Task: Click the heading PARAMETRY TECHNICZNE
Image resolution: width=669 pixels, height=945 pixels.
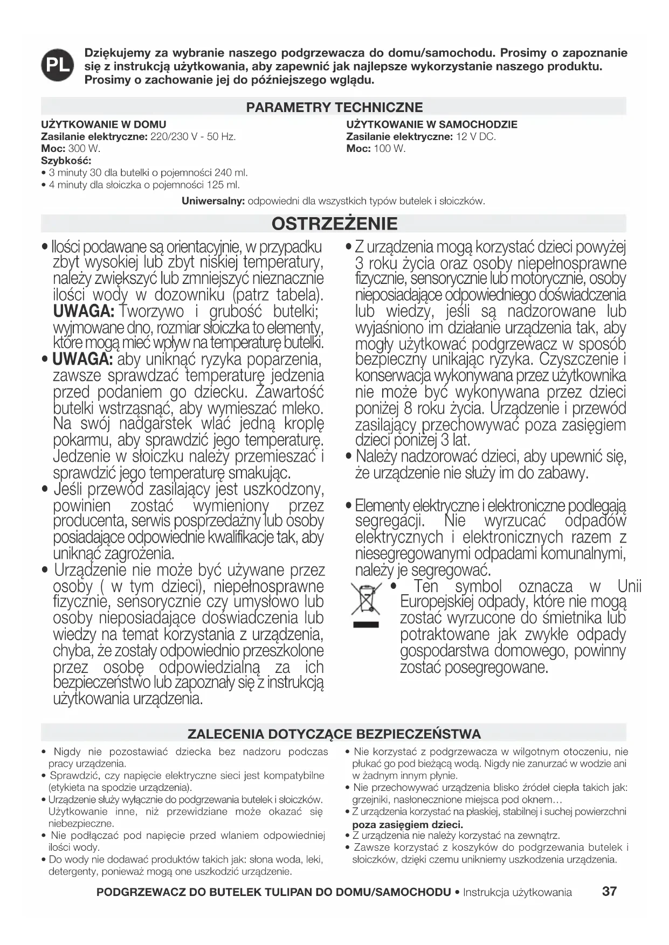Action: click(334, 107)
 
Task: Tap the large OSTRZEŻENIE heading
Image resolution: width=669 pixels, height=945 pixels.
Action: click(334, 223)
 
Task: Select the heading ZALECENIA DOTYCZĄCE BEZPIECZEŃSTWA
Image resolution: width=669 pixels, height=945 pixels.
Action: click(334, 734)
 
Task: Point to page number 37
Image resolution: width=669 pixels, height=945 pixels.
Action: click(609, 891)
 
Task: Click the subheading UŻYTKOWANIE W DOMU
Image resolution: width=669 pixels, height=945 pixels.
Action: click(104, 124)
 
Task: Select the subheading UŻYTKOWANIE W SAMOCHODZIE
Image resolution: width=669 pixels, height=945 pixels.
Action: click(431, 124)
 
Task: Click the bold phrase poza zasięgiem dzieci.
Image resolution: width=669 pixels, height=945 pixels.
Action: click(408, 824)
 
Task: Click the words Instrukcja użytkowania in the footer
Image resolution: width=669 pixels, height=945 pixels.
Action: click(518, 892)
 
